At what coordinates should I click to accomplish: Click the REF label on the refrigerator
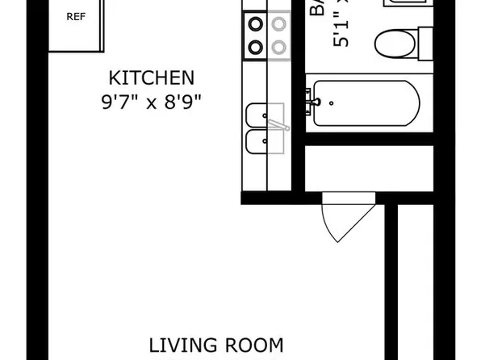75,16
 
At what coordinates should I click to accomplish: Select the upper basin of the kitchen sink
262,115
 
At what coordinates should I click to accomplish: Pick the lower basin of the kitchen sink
262,144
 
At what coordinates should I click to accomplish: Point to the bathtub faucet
316,103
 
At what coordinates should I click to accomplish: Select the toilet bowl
396,42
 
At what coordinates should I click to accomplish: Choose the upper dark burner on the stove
256,23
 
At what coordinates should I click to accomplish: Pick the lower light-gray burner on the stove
278,46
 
